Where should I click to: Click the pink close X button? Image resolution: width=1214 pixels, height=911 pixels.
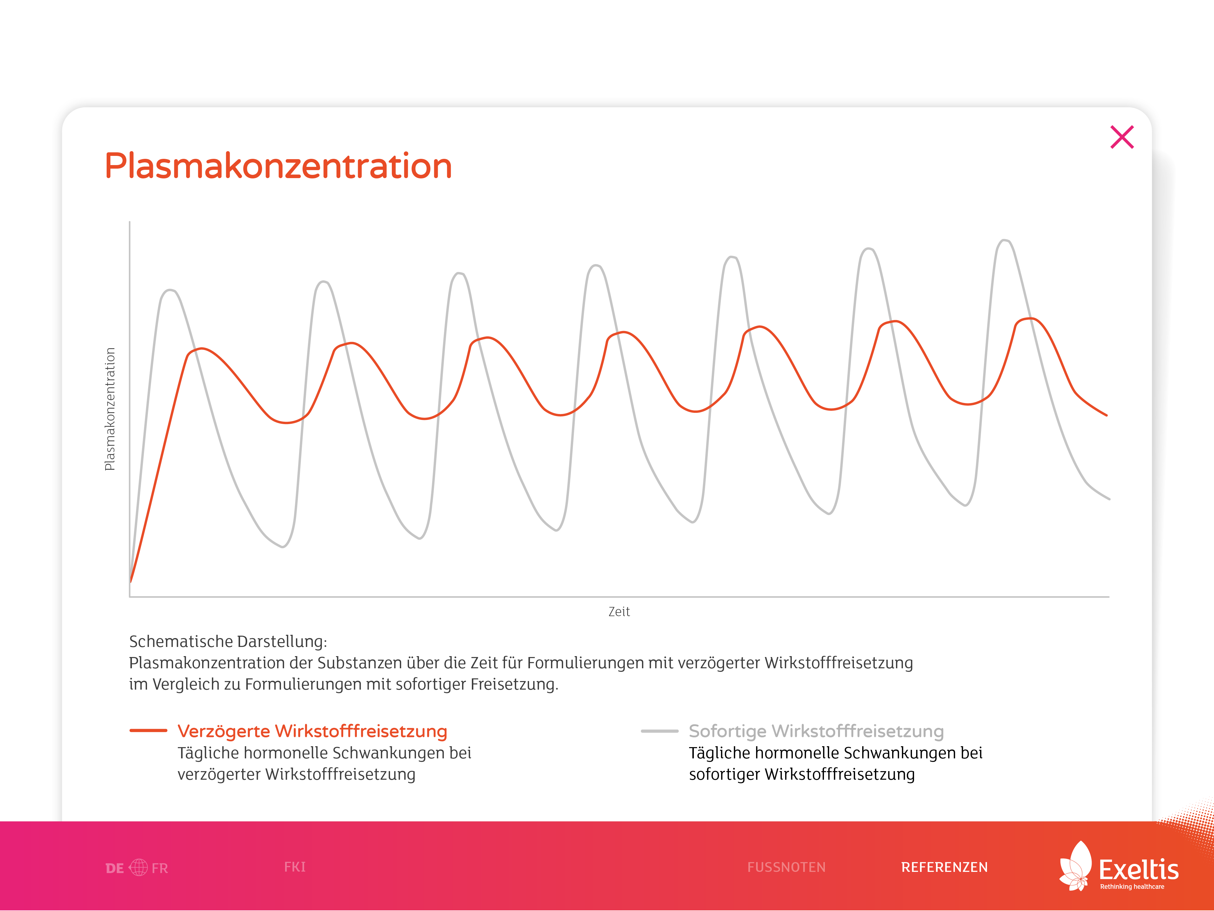[x=1122, y=137]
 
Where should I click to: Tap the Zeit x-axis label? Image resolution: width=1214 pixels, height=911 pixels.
[x=619, y=611]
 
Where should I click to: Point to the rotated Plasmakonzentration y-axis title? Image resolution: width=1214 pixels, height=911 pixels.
[x=110, y=409]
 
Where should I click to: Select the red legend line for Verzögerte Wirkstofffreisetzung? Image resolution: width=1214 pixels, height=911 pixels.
[x=148, y=731]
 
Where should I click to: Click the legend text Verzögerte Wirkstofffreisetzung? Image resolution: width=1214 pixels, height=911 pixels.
[x=312, y=731]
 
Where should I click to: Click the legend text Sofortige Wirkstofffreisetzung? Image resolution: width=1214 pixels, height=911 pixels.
[x=816, y=731]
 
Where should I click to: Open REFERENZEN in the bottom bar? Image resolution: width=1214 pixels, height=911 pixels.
[x=944, y=867]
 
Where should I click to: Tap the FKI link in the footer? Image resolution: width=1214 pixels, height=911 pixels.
[x=295, y=867]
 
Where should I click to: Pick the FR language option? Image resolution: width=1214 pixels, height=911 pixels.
[x=160, y=868]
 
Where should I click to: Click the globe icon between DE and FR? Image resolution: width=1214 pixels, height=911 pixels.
[x=138, y=868]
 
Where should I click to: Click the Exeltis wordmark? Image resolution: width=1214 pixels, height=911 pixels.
[x=1139, y=870]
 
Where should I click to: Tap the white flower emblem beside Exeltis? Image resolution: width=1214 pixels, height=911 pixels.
[x=1076, y=866]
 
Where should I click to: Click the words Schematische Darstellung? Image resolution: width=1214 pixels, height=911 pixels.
[x=228, y=642]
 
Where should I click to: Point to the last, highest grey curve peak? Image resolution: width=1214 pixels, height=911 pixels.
[x=1004, y=240]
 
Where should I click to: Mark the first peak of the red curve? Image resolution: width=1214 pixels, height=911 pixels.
[x=202, y=349]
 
